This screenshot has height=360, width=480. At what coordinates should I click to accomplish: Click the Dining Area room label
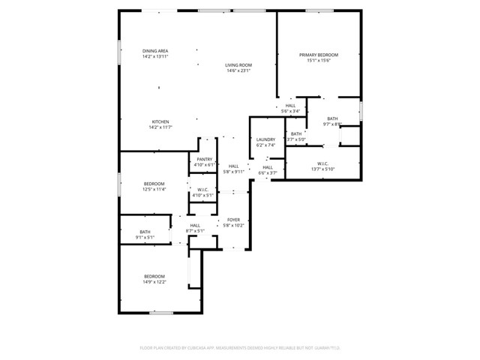tap(155, 51)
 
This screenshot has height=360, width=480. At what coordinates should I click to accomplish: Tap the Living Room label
tap(238, 65)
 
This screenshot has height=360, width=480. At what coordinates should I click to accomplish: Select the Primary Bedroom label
tap(319, 55)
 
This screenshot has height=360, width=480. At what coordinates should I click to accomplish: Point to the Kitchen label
tap(160, 122)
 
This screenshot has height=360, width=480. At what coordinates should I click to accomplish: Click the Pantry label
tap(204, 159)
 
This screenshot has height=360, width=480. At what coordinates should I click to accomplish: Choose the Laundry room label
tap(265, 139)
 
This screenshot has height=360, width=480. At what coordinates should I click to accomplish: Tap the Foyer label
tap(233, 220)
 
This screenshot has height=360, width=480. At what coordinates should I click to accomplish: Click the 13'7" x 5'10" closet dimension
tap(323, 169)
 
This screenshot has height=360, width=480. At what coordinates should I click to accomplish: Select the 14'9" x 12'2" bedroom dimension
tap(154, 281)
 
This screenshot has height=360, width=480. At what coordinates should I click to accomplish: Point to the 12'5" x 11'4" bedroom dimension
tap(154, 189)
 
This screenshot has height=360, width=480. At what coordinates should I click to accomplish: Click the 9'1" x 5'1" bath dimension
tap(145, 237)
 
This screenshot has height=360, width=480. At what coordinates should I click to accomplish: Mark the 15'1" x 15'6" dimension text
tap(319, 61)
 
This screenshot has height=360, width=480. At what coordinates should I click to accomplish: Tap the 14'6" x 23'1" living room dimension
tap(238, 70)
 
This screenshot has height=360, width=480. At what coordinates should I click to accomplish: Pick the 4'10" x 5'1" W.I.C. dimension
tap(202, 195)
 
